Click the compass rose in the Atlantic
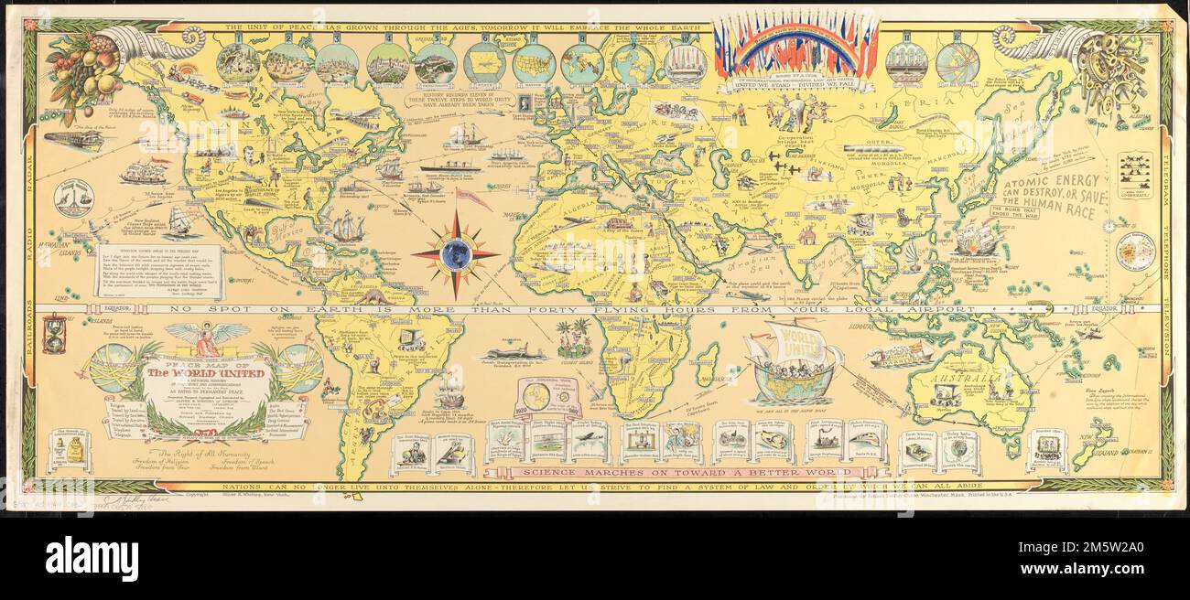pos(455,253)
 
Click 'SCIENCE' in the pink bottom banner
pos(545,472)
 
